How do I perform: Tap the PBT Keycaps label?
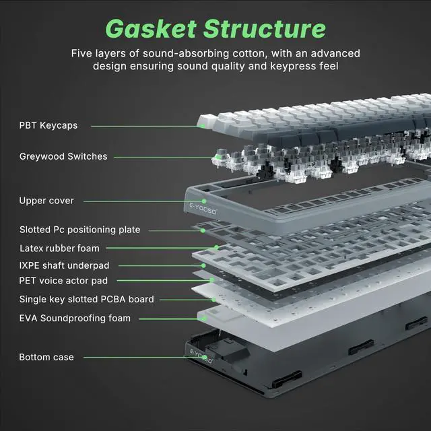coord(48,125)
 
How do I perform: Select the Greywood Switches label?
coord(63,156)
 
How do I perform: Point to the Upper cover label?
coord(46,201)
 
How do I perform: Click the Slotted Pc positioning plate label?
coord(79,230)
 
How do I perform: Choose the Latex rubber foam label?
coord(59,248)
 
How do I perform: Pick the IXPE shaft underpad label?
coord(64,265)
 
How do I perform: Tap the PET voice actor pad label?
coord(63,280)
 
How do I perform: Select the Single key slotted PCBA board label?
coord(86,299)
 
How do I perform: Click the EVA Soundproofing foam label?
coord(75,318)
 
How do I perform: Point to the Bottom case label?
coord(46,357)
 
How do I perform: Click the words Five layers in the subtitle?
coord(97,53)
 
